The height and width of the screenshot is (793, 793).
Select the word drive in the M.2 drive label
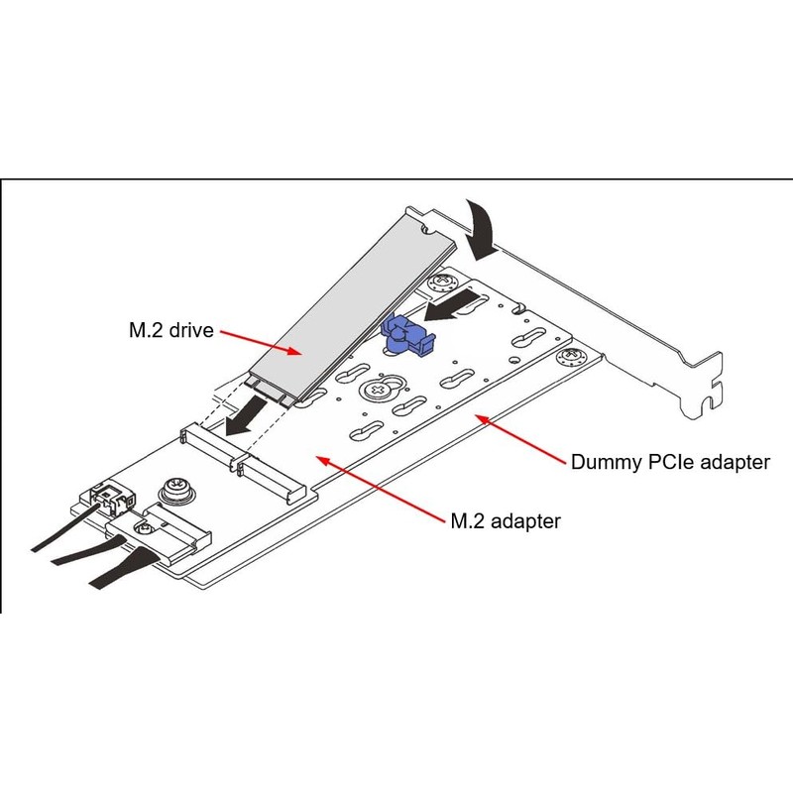191,330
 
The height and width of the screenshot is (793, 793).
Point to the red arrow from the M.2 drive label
263,341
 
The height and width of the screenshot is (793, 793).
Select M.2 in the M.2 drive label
142,330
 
